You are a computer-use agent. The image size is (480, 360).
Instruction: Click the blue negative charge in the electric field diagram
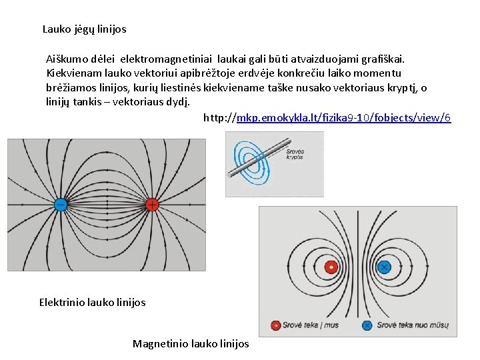(59, 205)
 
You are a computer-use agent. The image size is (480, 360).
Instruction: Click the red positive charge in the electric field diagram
(152, 205)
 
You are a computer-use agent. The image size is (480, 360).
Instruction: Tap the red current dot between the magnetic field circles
(330, 267)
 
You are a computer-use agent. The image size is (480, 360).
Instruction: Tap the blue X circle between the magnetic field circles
(384, 267)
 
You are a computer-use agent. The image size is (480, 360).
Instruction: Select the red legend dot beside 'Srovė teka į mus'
(275, 325)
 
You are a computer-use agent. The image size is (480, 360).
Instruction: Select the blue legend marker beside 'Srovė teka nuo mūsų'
(366, 325)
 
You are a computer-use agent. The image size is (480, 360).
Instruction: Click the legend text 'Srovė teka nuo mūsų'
(413, 325)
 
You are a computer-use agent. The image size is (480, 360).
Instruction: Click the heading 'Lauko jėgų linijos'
(84, 29)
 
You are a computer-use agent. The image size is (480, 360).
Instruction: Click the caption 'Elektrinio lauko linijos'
(92, 303)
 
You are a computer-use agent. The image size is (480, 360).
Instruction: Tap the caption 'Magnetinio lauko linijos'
(191, 344)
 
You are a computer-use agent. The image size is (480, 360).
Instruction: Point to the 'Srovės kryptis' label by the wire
(294, 155)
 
